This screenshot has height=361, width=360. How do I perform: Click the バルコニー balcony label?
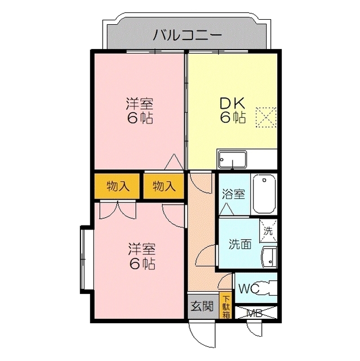pyautogui.click(x=188, y=35)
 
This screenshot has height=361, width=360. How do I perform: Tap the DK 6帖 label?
pyautogui.click(x=232, y=111)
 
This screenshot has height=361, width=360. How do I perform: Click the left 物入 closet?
pyautogui.click(x=117, y=186)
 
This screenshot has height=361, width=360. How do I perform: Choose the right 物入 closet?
pyautogui.click(x=163, y=186)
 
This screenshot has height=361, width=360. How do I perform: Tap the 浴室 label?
pyautogui.click(x=234, y=194)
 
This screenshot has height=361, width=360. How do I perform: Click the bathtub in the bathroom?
pyautogui.click(x=264, y=193)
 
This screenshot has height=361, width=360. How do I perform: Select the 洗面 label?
pyautogui.click(x=239, y=244)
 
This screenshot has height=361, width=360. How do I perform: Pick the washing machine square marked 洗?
pyautogui.click(x=268, y=230)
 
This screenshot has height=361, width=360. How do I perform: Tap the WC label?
pyautogui.click(x=248, y=289)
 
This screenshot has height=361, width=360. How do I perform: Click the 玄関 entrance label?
pyautogui.click(x=201, y=307)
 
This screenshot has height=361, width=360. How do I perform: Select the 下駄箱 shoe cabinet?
pyautogui.click(x=226, y=306)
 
